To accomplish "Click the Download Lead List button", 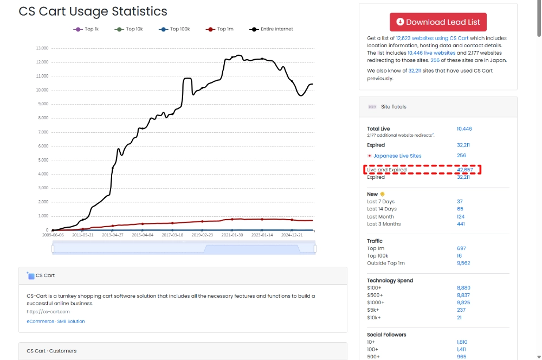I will tap(438, 22).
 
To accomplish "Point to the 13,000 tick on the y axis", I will tap(42, 48).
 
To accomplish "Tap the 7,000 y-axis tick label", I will tap(43, 132).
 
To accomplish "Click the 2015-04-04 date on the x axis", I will tap(143, 235).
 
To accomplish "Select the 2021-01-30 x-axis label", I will tap(233, 235).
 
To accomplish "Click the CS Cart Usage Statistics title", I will tap(93, 11).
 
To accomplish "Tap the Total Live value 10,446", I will tap(464, 129).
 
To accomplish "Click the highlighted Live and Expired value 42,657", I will tap(464, 170).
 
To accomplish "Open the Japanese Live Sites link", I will tap(397, 156).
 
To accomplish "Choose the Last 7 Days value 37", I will tap(460, 202).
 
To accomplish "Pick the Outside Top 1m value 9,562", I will tap(463, 263).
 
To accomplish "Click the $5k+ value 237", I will tap(461, 310).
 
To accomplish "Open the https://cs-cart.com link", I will tap(48, 312).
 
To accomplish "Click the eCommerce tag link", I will tap(40, 322).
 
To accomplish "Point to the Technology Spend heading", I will tap(390, 281).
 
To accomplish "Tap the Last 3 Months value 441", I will tap(461, 224).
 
